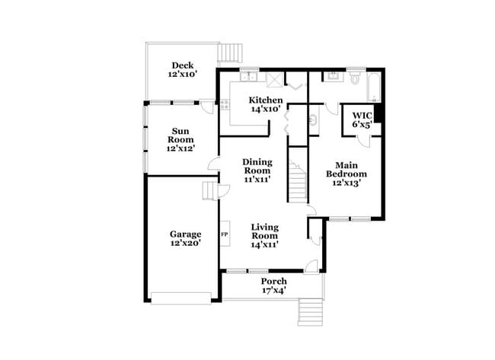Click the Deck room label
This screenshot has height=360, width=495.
tap(182, 70)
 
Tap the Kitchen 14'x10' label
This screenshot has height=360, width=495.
tap(267, 105)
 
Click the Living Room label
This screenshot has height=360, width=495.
tap(265, 236)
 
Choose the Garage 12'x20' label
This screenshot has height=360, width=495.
tap(185, 239)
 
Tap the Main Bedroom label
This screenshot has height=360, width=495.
tap(346, 174)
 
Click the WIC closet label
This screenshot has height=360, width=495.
tap(362, 120)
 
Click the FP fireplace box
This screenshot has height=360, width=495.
tap(225, 234)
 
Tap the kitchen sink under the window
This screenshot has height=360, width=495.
tap(251, 78)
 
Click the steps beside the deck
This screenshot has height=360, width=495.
tap(230, 53)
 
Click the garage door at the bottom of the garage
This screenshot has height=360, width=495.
tap(180, 297)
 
